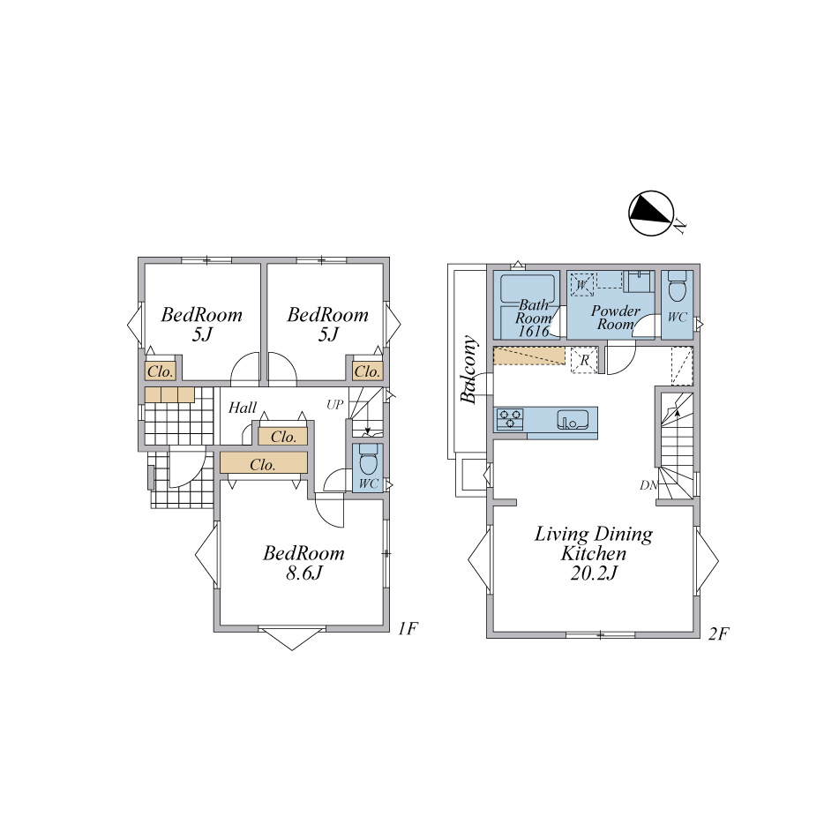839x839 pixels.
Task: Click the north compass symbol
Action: coord(651,213)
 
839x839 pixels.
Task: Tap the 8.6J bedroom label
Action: coord(303,563)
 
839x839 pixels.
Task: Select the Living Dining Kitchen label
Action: coord(594,553)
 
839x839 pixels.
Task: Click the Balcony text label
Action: coord(468,369)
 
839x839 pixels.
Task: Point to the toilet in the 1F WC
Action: coord(368,459)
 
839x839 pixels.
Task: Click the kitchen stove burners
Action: coord(510,419)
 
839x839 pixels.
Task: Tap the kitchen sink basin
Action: coord(573,420)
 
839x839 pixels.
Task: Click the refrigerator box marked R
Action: coord(584,360)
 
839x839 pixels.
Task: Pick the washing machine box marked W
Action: coord(582,284)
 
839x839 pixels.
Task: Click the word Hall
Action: coord(243,408)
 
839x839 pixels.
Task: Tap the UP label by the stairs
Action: coord(335,405)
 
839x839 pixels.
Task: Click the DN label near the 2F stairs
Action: coord(648,485)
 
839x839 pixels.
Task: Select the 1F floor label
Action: coord(408,628)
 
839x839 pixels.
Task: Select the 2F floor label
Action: coord(719,633)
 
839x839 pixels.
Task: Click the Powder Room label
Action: coord(615,318)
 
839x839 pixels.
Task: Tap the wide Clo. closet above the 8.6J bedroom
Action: coord(264,463)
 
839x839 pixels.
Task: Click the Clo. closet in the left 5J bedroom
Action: coord(160,371)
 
